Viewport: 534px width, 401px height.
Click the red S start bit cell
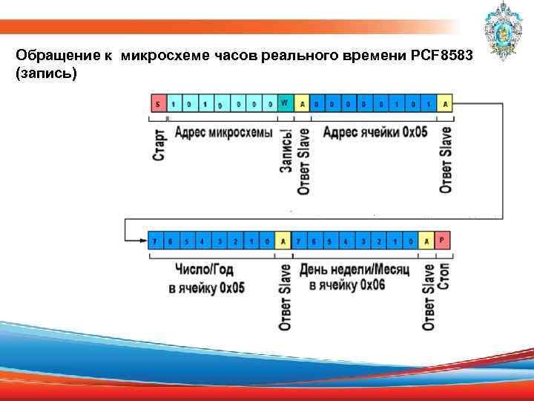pyautogui.click(x=156, y=104)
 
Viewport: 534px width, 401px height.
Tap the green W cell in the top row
pyautogui.click(x=286, y=104)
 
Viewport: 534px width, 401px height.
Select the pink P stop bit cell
pyautogui.click(x=443, y=240)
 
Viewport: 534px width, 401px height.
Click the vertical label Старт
pyautogui.click(x=159, y=144)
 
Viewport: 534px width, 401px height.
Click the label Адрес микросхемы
pyautogui.click(x=223, y=131)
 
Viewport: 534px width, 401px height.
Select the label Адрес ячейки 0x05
pyautogui.click(x=375, y=131)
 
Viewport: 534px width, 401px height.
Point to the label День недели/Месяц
pyautogui.click(x=355, y=269)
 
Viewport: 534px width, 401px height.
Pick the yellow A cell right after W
pyautogui.click(x=303, y=104)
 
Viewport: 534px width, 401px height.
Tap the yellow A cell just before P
pyautogui.click(x=427, y=240)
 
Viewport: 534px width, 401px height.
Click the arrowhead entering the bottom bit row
pyautogui.click(x=142, y=240)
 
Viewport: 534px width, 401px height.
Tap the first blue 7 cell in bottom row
pyautogui.click(x=155, y=240)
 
